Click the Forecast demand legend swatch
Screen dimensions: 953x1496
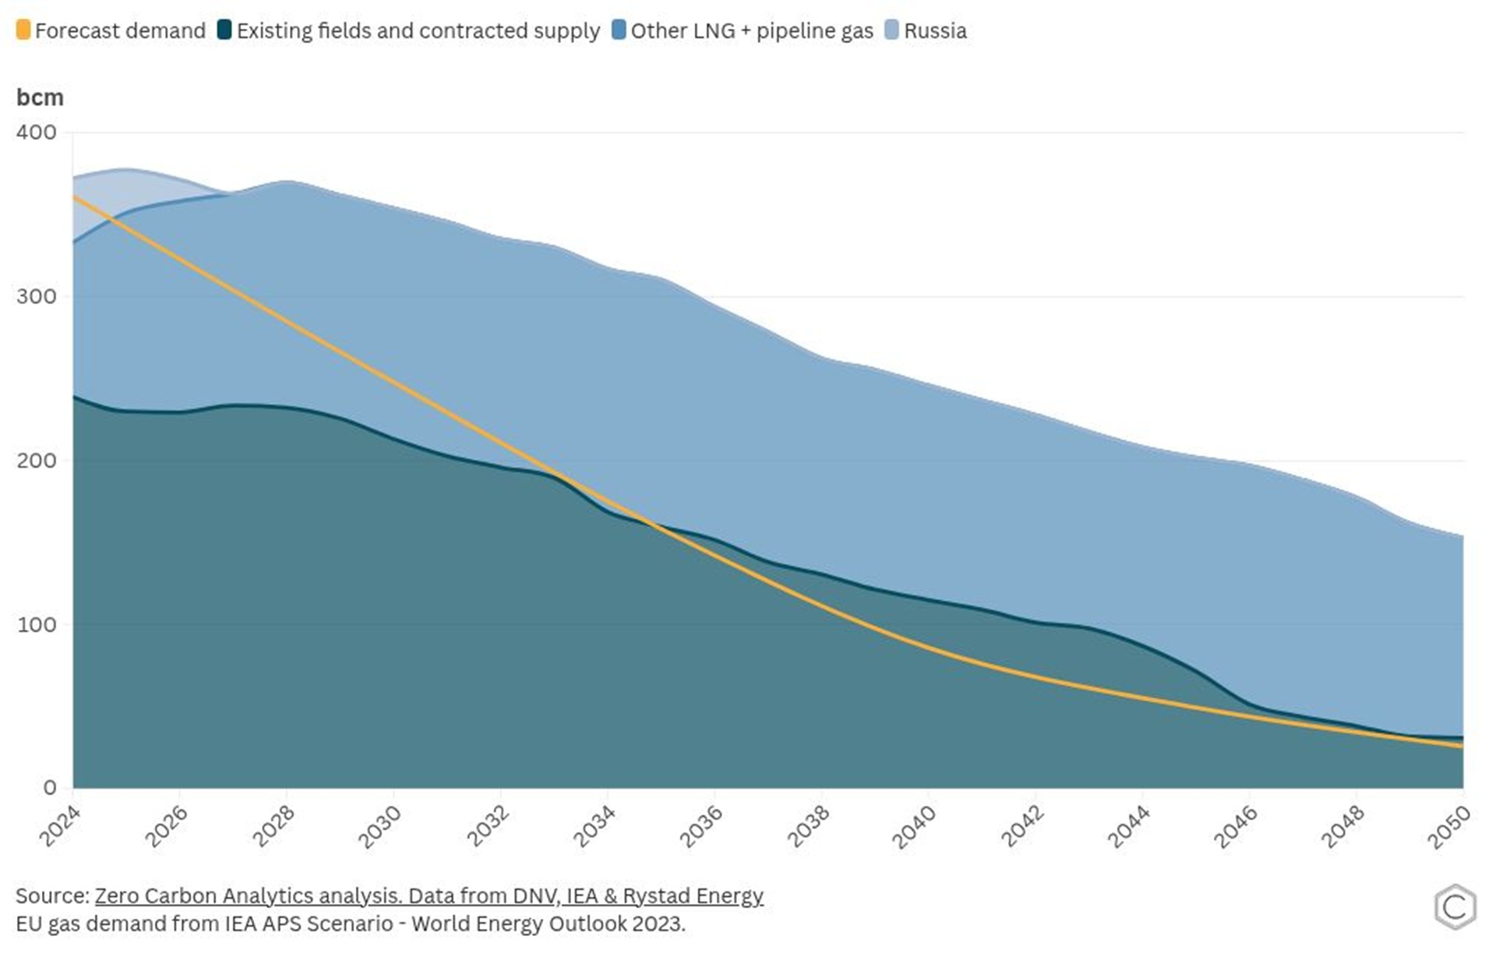pos(23,30)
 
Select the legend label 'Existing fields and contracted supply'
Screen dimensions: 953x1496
pos(418,31)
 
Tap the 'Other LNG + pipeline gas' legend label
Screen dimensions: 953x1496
pos(751,31)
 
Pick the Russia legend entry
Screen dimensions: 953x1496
pos(934,31)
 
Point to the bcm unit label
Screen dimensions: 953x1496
pos(40,97)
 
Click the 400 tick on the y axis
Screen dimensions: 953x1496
pos(37,132)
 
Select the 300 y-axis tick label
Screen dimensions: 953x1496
pos(37,297)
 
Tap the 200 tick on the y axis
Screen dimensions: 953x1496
pos(37,461)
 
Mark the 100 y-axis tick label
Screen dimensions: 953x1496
pos(37,625)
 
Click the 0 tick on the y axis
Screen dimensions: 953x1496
pos(50,788)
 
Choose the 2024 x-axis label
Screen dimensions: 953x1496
pos(60,826)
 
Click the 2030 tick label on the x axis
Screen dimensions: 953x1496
pos(379,826)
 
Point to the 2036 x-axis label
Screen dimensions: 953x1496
pos(700,826)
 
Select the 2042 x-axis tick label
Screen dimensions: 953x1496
pos(1021,826)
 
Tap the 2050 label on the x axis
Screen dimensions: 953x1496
pos(1448,826)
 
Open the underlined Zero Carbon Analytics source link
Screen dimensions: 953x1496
pos(429,896)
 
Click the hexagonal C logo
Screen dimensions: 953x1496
pos(1455,907)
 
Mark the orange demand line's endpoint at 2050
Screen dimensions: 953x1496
pos(1462,747)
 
